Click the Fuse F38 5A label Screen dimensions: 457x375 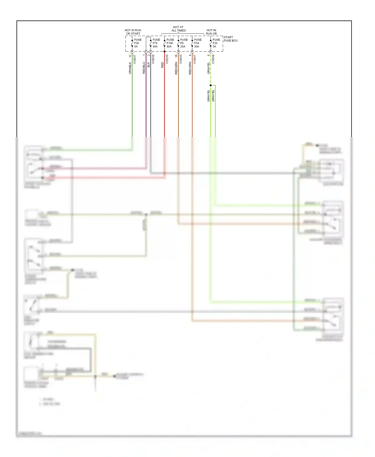coord(137,43)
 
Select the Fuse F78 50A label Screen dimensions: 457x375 coord(156,43)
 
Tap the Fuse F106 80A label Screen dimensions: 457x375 coord(170,43)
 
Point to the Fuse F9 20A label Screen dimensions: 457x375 coord(184,43)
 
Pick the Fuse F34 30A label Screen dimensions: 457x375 coord(197,43)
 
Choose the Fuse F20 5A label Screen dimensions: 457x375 coord(216,43)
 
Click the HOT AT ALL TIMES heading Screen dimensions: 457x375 coord(178,29)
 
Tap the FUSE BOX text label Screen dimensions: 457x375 coord(230,40)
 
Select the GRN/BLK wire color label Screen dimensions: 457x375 coord(130,68)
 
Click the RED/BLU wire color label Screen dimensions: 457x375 coord(144,68)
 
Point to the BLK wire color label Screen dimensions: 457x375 coord(148,65)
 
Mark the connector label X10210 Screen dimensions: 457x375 coord(167,59)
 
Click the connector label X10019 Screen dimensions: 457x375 coord(153,59)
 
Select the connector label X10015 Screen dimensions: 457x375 coord(181,59)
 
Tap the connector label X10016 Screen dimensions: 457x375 coord(213,59)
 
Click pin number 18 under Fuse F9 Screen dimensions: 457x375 coord(176,55)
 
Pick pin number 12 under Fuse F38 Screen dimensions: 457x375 coord(130,56)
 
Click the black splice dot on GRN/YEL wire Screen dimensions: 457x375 coord(211,85)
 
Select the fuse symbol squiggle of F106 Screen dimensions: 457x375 coord(164,43)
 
